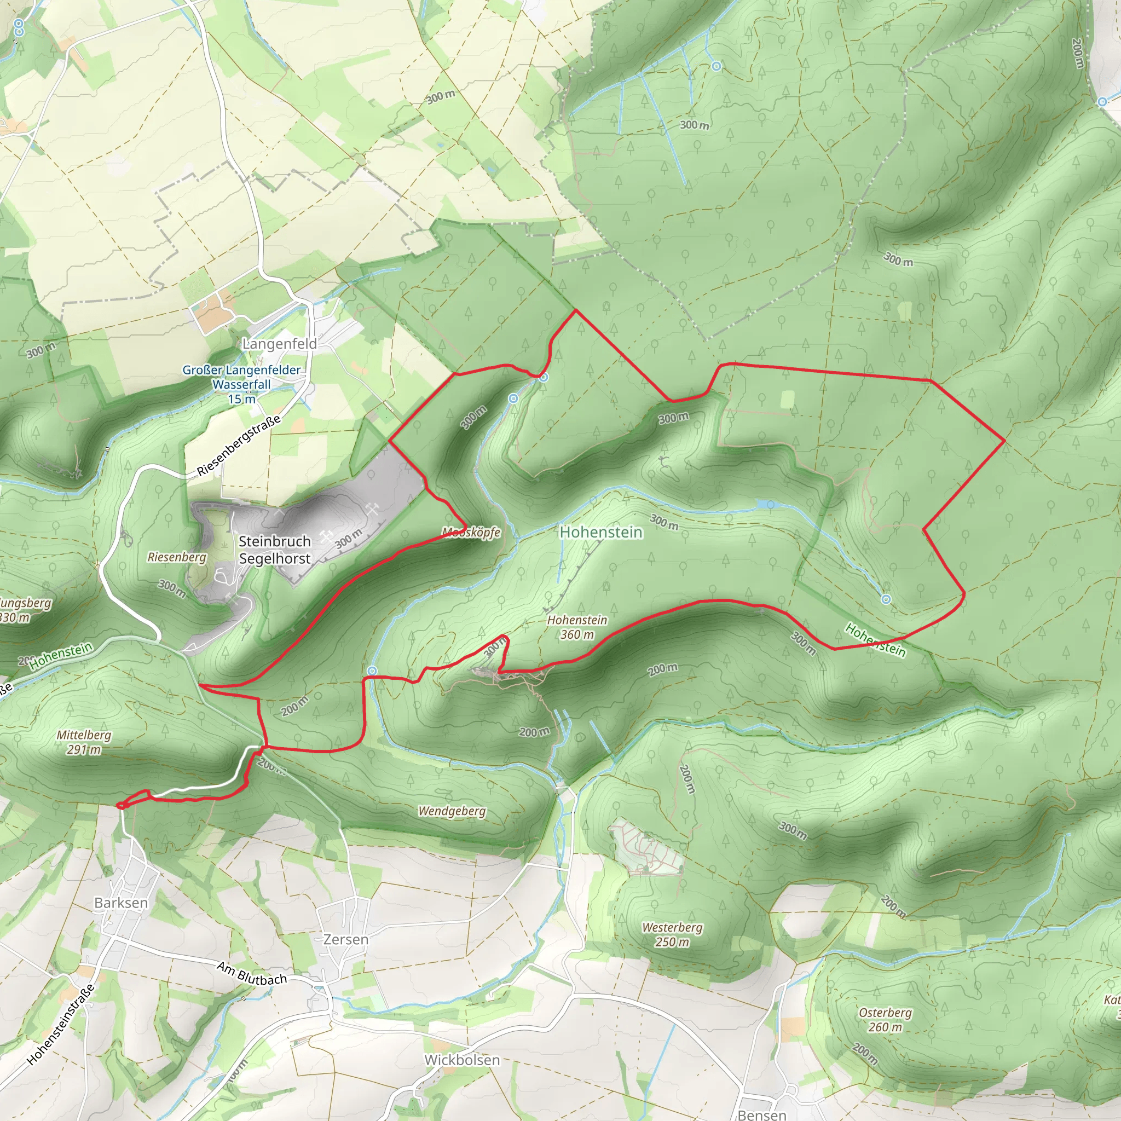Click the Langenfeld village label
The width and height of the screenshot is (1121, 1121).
pos(279,344)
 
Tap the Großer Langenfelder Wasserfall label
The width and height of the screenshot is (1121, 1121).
pos(241,384)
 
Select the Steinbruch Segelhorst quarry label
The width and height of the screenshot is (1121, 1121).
pos(274,550)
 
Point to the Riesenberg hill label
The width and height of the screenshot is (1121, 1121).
pos(177,557)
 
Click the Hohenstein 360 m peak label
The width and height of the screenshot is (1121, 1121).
pos(577,627)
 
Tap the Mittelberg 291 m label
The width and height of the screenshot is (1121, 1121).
pos(84,742)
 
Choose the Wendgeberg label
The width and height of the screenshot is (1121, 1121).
pos(452,811)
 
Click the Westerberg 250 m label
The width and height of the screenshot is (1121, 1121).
pos(672,934)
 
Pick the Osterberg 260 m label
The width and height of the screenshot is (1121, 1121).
pos(885,1019)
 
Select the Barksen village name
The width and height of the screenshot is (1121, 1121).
pos(120,903)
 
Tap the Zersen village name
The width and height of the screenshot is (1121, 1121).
pos(346,939)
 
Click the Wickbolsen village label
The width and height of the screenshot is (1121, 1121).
pos(462,1060)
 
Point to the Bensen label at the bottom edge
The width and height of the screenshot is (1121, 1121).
pos(762,1114)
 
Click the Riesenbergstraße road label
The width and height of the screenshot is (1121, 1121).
pos(239,446)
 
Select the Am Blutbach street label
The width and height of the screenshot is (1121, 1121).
pos(252,974)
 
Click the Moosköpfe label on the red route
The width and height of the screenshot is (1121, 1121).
pos(471,532)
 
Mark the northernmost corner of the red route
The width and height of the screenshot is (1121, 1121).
pos(576,310)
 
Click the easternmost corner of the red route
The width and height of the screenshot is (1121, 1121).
pos(1004,441)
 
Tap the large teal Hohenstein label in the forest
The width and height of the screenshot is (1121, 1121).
pos(600,532)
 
